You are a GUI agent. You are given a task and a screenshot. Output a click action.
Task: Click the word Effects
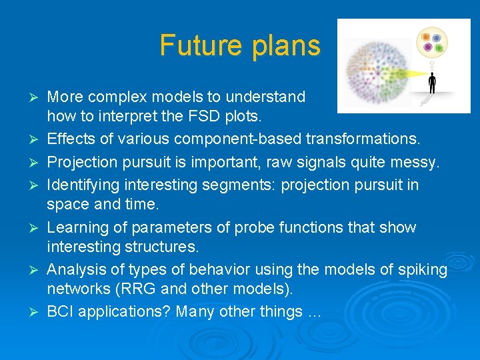pos(71,139)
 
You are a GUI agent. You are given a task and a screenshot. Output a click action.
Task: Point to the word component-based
pos(237,139)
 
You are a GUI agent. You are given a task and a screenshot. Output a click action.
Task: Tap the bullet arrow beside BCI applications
pos(33,312)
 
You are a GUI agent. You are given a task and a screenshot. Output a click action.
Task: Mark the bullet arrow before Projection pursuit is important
pos(33,163)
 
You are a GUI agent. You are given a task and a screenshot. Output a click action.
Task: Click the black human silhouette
pos(432,83)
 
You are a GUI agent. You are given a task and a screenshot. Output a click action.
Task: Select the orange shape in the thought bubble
pos(426,37)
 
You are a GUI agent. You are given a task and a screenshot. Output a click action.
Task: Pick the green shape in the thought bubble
pos(439,48)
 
